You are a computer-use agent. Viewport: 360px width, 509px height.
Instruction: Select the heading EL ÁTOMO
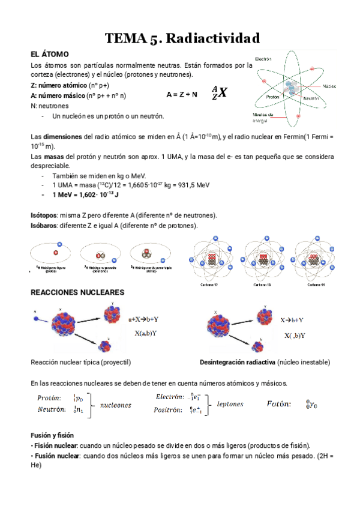click(50, 54)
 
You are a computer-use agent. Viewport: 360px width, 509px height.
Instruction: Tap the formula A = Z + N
click(182, 95)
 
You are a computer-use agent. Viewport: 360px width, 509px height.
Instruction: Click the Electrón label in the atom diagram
click(264, 59)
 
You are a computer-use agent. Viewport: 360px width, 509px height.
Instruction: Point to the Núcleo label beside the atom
click(329, 86)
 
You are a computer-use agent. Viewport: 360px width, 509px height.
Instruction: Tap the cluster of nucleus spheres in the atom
click(293, 88)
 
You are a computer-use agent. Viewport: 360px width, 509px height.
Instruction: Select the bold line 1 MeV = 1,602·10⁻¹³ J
click(85, 195)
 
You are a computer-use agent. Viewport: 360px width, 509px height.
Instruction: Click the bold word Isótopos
click(44, 215)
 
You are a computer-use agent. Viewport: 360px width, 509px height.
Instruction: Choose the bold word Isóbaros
click(44, 225)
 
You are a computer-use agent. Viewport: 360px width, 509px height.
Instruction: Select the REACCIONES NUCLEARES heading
click(77, 292)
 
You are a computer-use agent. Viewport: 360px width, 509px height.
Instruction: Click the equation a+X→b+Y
click(148, 320)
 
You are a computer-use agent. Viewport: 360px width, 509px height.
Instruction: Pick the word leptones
click(230, 404)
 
